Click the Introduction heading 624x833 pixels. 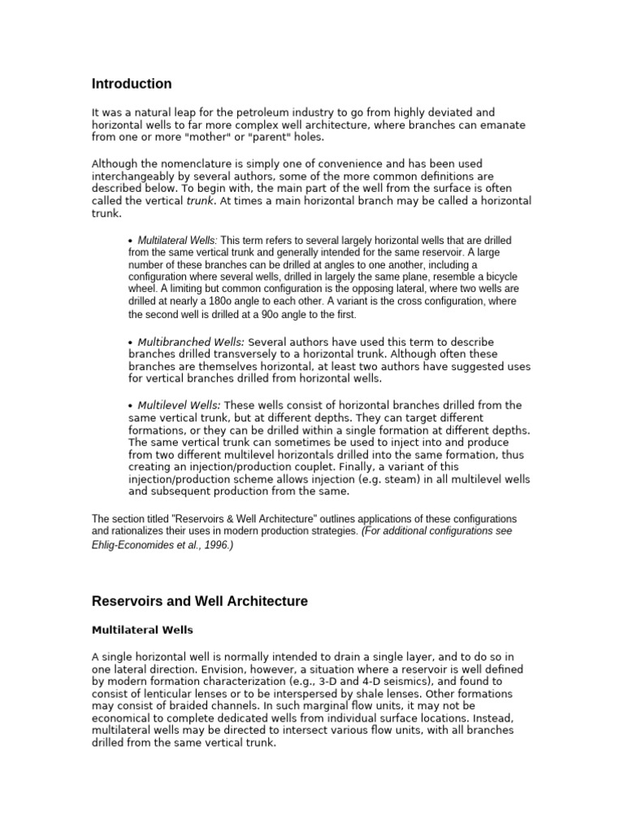[132, 84]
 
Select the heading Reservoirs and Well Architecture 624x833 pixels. [199, 602]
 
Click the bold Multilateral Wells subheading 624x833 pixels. [142, 630]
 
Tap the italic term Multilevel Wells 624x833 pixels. [179, 405]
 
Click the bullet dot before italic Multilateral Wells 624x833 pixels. [131, 242]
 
